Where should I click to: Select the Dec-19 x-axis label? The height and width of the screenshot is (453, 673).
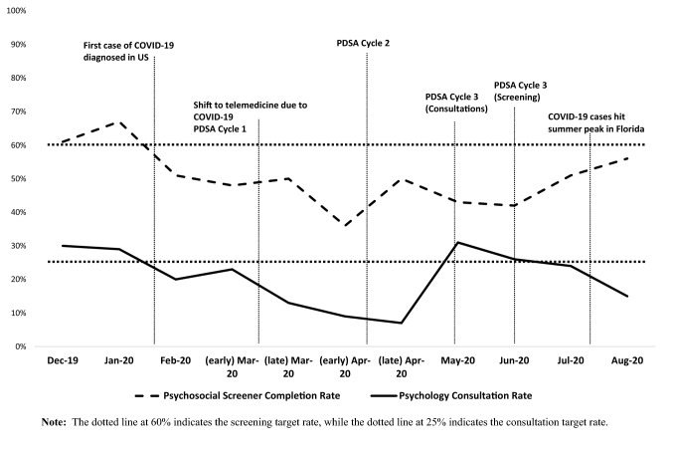62,363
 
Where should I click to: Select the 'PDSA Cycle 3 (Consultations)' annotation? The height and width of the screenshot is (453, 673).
456,103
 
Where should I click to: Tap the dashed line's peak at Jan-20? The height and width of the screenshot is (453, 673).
120,121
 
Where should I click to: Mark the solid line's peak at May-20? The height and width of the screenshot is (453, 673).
456,243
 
